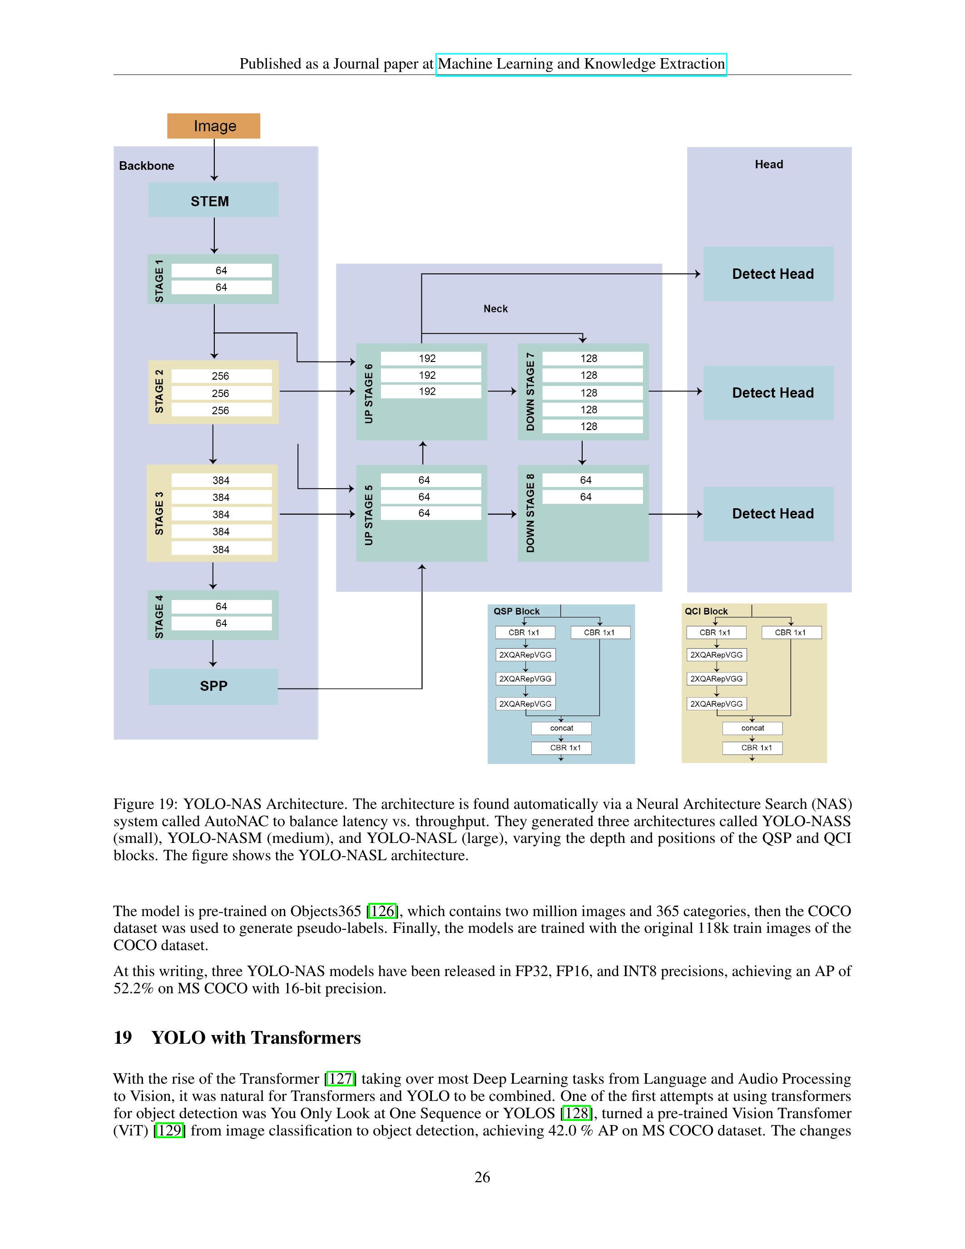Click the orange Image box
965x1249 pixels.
pyautogui.click(x=213, y=126)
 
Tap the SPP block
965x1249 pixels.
pyautogui.click(x=213, y=686)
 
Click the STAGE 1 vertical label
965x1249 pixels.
pyautogui.click(x=159, y=280)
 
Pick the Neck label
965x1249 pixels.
pyautogui.click(x=495, y=309)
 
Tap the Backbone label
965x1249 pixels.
pyautogui.click(x=146, y=166)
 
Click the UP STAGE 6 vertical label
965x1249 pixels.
pyautogui.click(x=369, y=393)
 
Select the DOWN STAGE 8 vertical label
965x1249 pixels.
pyautogui.click(x=530, y=513)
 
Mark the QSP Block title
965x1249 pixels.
pyautogui.click(x=516, y=611)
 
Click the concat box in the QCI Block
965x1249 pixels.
pyautogui.click(x=752, y=728)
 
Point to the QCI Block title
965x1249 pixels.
pyautogui.click(x=706, y=611)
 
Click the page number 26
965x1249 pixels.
pyautogui.click(x=482, y=1177)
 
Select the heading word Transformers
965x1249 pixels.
pyautogui.click(x=306, y=1038)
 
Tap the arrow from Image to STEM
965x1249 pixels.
pyautogui.click(x=214, y=160)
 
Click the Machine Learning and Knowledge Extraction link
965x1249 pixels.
pyautogui.click(x=581, y=64)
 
